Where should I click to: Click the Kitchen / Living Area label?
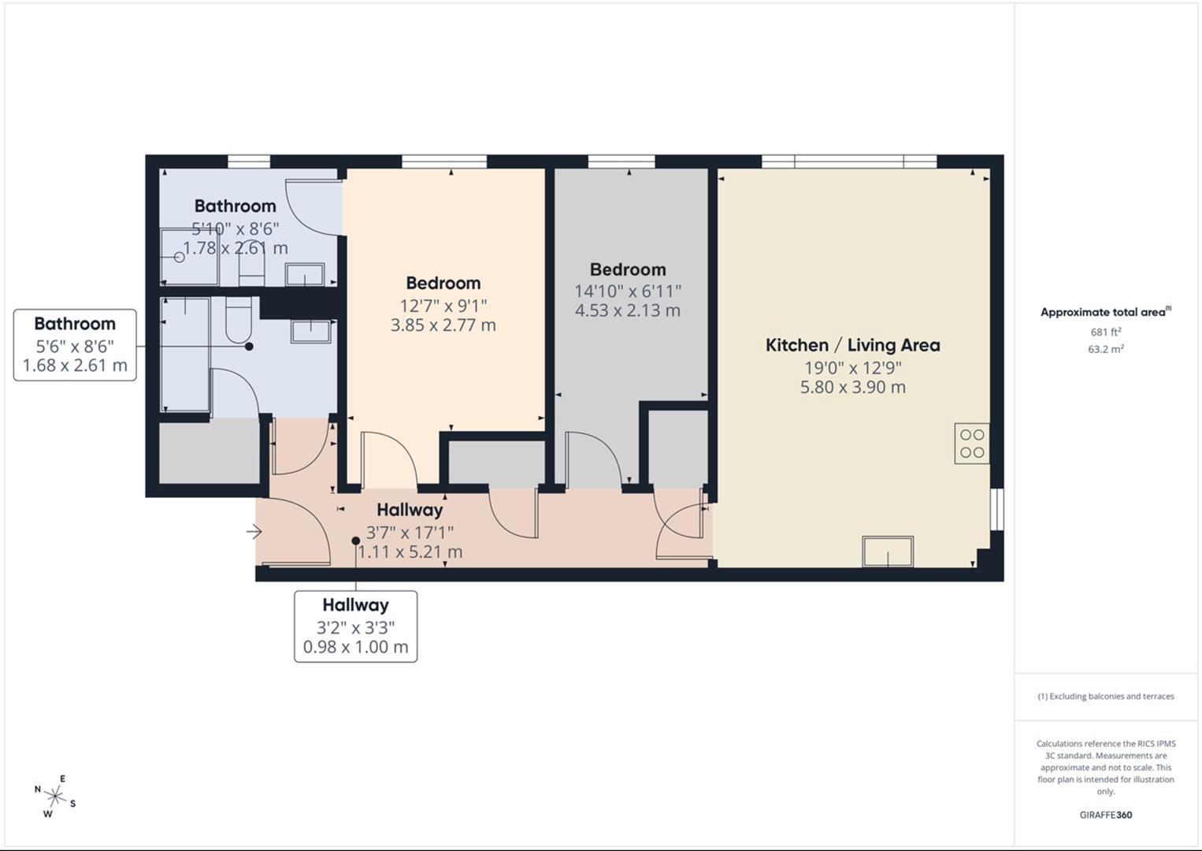(853, 345)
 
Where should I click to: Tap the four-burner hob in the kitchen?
(972, 444)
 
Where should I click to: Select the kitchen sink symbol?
(888, 551)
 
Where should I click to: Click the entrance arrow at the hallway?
(254, 532)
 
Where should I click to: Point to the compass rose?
(55, 796)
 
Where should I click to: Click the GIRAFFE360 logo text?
(1105, 815)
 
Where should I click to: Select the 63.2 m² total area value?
(1105, 349)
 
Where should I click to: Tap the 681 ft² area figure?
(1105, 332)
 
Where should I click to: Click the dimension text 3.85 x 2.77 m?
(443, 325)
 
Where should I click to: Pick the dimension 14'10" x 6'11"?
(628, 291)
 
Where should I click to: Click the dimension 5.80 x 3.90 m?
(853, 387)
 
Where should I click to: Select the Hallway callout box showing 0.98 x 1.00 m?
(356, 626)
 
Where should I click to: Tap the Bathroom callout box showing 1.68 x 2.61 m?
(75, 345)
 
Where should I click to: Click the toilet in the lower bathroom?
(239, 321)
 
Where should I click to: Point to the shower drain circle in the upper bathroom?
(180, 257)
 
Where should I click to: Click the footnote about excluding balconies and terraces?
(1105, 697)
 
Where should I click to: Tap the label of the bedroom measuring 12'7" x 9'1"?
(443, 283)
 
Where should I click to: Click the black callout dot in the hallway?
(356, 541)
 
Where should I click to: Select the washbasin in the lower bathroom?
(310, 331)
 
